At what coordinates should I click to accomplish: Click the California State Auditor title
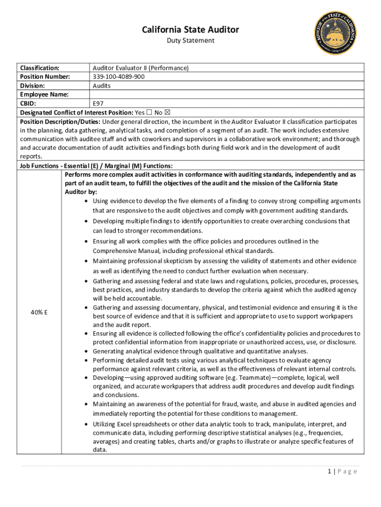point(190,30)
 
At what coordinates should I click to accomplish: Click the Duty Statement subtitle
point(190,41)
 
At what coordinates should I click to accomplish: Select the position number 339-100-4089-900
point(119,77)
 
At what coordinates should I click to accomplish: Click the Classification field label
point(40,68)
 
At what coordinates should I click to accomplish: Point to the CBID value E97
point(98,103)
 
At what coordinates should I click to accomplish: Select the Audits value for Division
point(102,86)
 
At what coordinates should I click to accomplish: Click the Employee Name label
point(44,95)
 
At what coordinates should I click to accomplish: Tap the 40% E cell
point(39,312)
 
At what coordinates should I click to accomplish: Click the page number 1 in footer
point(329,471)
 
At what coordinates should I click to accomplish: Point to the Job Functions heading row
point(96,166)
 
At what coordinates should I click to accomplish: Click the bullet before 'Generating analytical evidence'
point(87,351)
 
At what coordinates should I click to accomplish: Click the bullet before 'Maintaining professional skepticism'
point(87,261)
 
